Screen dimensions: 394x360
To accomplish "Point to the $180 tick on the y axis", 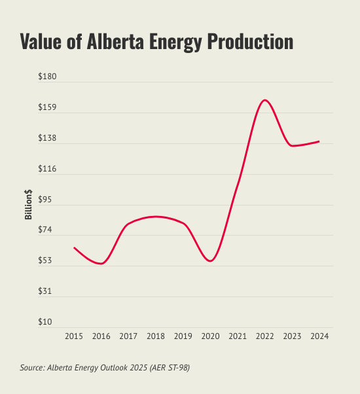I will point(48,77).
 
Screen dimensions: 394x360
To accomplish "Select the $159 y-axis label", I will point(48,108).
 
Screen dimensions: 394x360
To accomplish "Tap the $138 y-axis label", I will point(48,139).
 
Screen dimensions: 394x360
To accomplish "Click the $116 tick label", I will point(48,170).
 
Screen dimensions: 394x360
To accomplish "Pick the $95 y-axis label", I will point(49,200).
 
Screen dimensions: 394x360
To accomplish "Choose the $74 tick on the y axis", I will point(49,230).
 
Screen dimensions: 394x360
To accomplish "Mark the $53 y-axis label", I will point(49,261).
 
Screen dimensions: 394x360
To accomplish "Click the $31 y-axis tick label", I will point(49,292).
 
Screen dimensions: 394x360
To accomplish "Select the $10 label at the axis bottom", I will point(49,323).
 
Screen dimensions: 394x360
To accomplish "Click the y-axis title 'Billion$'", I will point(29,200).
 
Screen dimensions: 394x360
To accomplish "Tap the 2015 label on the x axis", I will point(74,336).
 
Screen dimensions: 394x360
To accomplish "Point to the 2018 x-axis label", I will point(156,336).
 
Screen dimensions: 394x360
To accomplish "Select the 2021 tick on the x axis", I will point(237,336).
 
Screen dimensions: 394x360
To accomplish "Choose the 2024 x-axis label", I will point(319,336).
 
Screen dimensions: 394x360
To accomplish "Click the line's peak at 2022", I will point(264,100).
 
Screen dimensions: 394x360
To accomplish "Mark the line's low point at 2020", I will point(209,261).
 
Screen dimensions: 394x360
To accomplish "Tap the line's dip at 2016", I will point(101,264).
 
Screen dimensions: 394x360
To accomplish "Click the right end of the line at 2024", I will point(319,141).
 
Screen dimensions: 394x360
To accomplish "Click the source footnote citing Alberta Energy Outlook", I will point(105,368).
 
